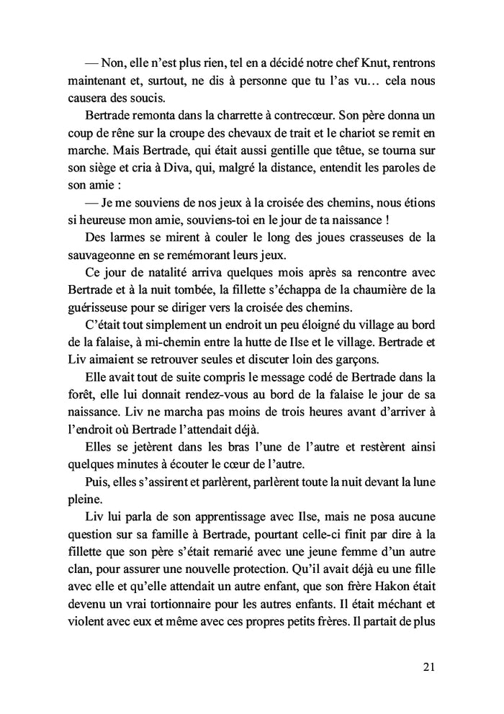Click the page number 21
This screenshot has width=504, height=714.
(x=428, y=666)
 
